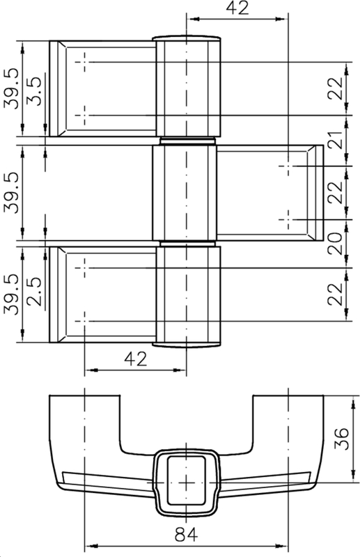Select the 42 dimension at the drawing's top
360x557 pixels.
[237, 8]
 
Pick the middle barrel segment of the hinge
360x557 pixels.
[185, 193]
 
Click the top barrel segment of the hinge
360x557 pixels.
[187, 87]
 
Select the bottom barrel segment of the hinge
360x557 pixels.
[187, 296]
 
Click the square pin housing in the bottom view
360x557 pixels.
[185, 480]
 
